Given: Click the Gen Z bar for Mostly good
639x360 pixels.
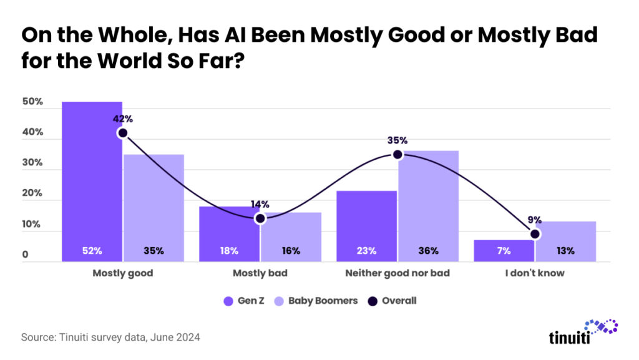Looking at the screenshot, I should click(92, 181).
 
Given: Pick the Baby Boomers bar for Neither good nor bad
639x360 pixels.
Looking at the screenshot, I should click(428, 206).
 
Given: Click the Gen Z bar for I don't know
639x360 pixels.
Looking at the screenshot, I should click(504, 250).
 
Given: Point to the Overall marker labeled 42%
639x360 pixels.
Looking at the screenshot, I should click(122, 133).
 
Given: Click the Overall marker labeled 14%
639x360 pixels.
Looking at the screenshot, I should click(260, 218).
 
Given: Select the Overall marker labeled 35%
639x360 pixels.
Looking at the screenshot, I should click(398, 154).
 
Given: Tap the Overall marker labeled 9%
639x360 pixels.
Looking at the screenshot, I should click(535, 234).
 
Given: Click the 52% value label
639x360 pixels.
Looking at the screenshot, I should click(92, 251).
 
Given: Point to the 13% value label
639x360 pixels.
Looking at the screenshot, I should click(565, 251).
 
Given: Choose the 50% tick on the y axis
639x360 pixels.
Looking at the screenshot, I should click(32, 102).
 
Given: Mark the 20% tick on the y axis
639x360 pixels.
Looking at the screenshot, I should click(32, 193).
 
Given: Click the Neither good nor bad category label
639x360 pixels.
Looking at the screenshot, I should click(398, 273).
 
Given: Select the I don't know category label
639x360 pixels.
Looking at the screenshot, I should click(535, 273).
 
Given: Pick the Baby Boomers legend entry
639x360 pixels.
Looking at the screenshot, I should click(317, 301).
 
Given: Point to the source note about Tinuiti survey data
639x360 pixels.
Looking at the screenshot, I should click(110, 338).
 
